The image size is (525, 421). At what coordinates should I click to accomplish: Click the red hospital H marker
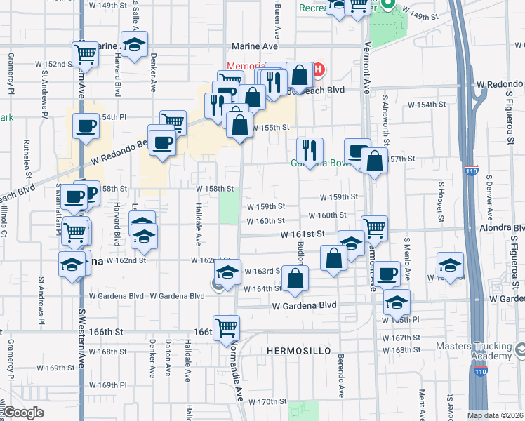tap(318, 69)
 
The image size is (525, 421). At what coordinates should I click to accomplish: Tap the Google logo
tap(23, 413)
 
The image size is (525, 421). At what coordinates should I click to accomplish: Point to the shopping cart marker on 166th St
tap(227, 328)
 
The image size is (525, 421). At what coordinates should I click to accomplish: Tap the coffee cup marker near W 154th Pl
tap(86, 126)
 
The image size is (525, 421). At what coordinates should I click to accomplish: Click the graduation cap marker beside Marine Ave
tap(134, 44)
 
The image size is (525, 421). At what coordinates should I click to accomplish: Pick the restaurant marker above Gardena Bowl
tap(309, 149)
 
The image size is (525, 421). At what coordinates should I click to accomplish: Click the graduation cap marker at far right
tap(450, 265)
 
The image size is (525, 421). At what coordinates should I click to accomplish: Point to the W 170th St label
tap(265, 402)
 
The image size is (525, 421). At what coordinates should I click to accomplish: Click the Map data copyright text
tap(495, 415)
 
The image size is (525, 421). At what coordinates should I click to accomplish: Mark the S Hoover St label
tap(441, 200)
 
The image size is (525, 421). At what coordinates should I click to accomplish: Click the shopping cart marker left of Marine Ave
tap(85, 53)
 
